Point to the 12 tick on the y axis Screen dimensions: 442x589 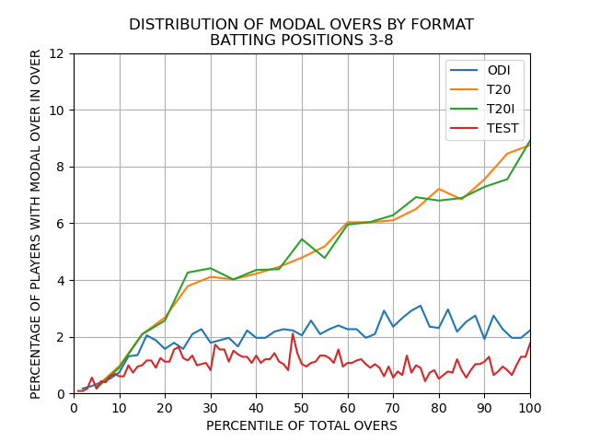click(57, 53)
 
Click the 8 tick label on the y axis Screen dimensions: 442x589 click(61, 167)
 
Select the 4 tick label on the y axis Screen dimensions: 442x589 click(61, 280)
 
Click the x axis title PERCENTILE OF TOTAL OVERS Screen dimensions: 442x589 click(302, 425)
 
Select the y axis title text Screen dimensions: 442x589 click(36, 224)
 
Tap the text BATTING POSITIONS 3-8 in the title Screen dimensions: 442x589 click(302, 40)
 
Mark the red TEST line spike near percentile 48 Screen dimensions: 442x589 click(293, 333)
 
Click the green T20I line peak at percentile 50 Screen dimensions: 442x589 click(302, 238)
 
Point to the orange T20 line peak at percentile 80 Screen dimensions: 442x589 click(439, 189)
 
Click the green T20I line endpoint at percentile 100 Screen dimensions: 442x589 click(530, 141)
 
